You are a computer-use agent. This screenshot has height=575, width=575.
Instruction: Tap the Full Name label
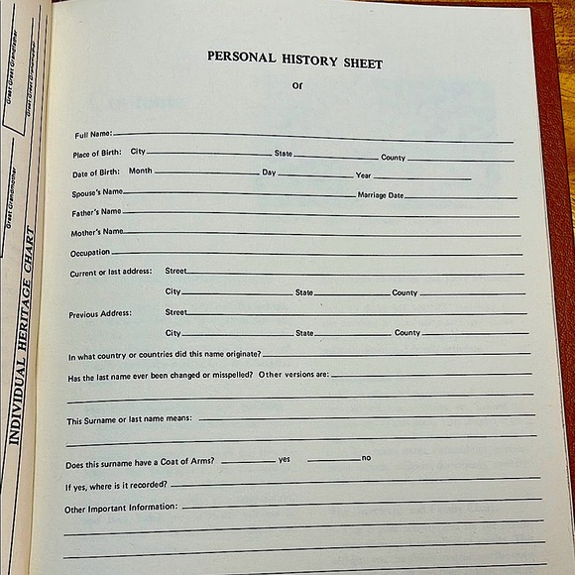[x=93, y=134]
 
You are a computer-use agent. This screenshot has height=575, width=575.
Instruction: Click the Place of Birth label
[x=96, y=154]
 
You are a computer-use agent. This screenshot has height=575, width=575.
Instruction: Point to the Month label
[x=140, y=172]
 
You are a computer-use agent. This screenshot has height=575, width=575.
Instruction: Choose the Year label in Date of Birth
[x=363, y=175]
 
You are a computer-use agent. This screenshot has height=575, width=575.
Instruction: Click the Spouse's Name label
[x=97, y=191]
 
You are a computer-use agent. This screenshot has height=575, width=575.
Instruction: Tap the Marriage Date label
[x=381, y=195]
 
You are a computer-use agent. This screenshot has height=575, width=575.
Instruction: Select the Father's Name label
[x=96, y=212]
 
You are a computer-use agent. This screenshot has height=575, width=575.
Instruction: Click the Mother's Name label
[x=97, y=233]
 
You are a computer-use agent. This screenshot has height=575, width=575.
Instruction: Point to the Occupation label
[x=90, y=253]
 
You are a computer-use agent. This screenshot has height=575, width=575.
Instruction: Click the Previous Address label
[x=100, y=314]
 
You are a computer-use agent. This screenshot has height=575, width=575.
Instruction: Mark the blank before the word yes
[x=248, y=461]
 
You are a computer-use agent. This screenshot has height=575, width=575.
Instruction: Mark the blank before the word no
[x=333, y=459]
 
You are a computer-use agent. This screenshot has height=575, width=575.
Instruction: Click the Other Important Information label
[x=121, y=508]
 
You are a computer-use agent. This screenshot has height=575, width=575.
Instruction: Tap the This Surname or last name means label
[x=129, y=420]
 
